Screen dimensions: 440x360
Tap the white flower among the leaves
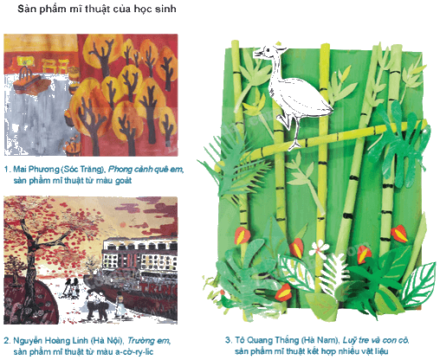(319, 248)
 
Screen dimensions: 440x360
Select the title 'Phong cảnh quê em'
(146, 169)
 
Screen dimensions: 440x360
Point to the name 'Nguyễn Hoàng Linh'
(51, 341)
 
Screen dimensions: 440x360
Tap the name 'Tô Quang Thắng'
(267, 340)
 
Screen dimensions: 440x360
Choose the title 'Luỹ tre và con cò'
(375, 340)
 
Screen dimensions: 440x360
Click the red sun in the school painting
(123, 225)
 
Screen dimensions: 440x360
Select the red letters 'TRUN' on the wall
(158, 288)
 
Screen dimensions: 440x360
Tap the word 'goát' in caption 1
(123, 181)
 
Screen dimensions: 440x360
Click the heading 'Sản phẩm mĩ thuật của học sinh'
(97, 9)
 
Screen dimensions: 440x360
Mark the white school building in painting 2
(140, 254)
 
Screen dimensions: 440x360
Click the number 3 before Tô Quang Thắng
(228, 340)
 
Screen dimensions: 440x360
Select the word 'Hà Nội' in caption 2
(107, 341)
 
